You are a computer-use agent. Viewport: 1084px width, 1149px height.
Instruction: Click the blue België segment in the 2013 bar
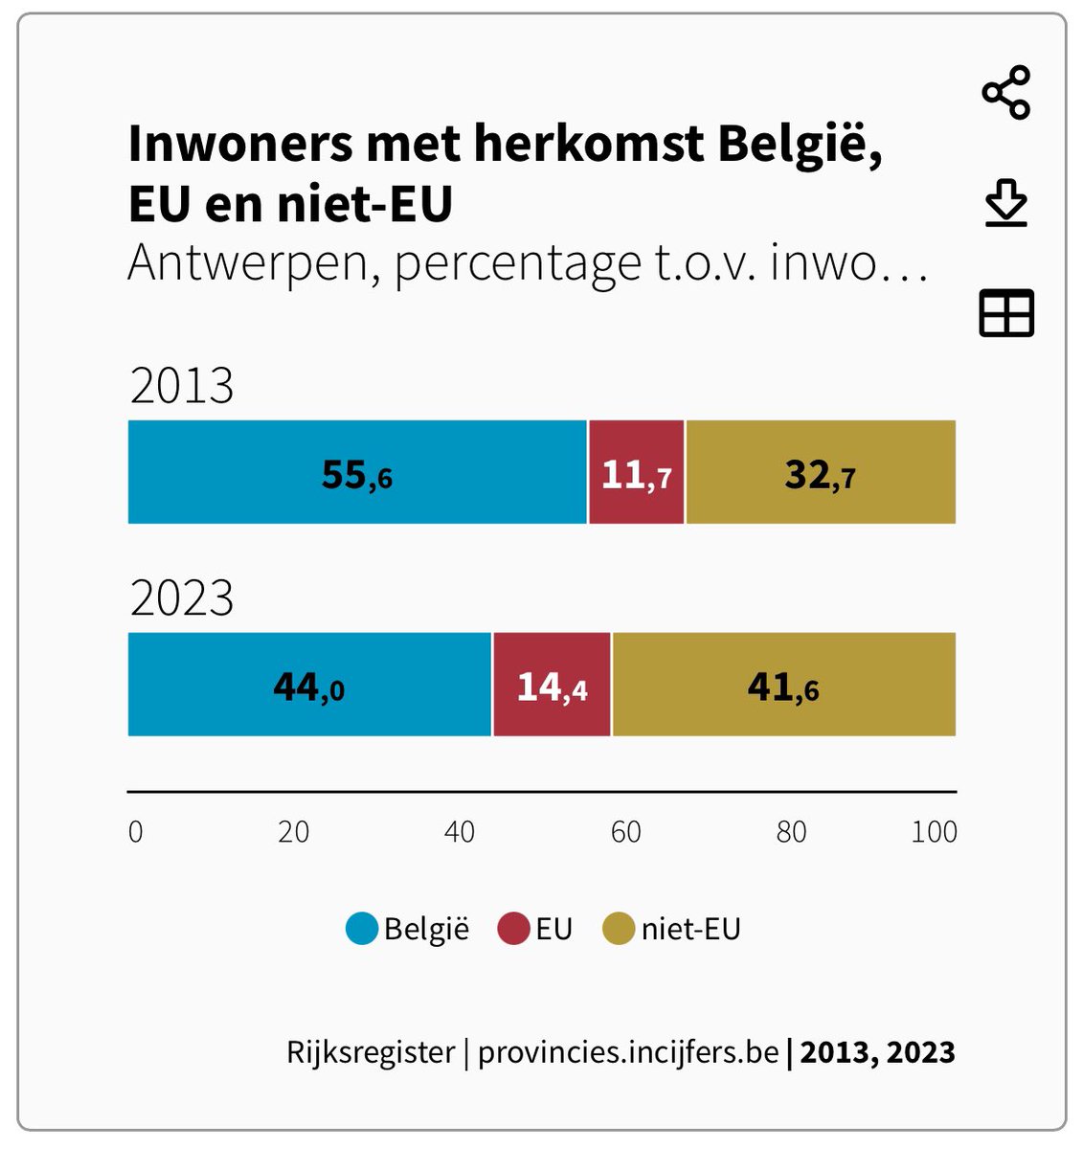coord(356,472)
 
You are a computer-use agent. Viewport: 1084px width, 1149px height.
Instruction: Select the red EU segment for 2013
coord(636,472)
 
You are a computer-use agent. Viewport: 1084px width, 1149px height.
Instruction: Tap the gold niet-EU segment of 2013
coord(820,472)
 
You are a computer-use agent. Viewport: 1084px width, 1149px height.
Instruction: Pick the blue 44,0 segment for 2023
coord(308,685)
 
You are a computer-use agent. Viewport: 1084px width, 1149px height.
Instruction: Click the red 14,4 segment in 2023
coord(552,685)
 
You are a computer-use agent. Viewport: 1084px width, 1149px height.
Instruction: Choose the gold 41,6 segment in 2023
coord(782,685)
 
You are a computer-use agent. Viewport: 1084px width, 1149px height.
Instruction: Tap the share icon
coord(1005,93)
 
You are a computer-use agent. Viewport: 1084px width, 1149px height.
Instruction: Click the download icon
coord(1005,204)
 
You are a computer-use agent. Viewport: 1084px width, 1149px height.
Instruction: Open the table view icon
coord(1005,313)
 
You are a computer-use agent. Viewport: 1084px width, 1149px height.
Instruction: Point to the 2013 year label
coord(182,386)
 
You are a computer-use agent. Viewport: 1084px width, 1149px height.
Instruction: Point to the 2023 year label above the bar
coord(182,598)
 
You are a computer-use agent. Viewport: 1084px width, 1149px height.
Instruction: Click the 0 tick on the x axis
coord(136,831)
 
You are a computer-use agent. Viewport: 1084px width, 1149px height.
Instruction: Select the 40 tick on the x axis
coord(460,831)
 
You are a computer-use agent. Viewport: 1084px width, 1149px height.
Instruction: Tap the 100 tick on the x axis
coord(934,831)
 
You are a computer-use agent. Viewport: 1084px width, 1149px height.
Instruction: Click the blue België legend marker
coord(362,929)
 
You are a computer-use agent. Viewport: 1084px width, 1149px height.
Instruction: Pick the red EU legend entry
coord(536,929)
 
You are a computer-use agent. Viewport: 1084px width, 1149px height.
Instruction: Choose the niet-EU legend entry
coord(672,929)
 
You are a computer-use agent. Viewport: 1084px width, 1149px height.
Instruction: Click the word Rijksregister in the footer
coord(371,1051)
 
